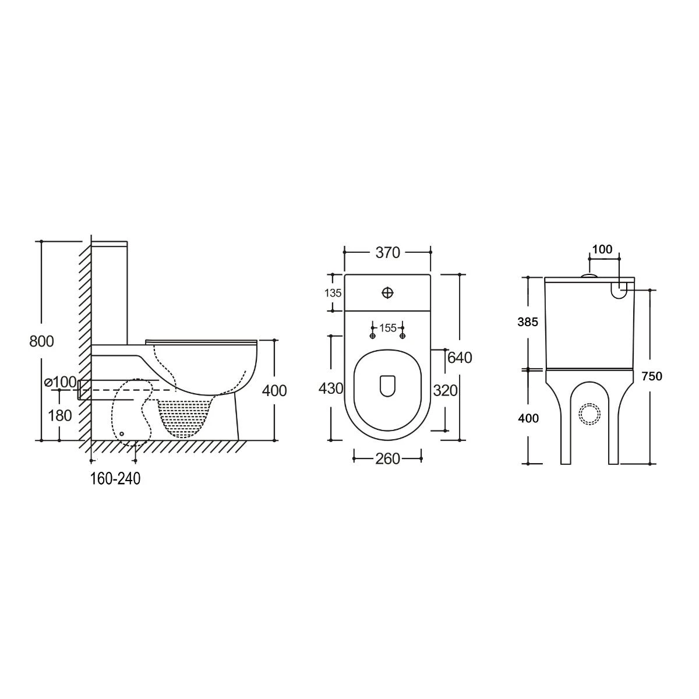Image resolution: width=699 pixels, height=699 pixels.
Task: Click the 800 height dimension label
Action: [x=41, y=341]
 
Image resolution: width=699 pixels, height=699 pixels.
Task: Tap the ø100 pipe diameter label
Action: [x=61, y=382]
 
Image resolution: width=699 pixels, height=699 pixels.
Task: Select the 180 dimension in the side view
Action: [x=61, y=415]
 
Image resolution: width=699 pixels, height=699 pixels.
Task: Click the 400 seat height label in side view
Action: [x=274, y=390]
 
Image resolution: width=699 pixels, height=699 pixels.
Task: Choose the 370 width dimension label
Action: [x=387, y=252]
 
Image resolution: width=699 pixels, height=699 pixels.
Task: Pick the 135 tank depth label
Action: [x=333, y=293]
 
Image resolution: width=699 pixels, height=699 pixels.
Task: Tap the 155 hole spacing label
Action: [x=388, y=328]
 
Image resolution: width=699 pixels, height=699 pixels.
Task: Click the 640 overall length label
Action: [x=460, y=357]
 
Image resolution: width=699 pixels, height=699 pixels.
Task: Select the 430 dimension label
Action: [x=331, y=388]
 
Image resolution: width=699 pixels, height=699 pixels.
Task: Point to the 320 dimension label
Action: [x=445, y=390]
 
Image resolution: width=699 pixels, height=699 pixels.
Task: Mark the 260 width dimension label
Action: [x=387, y=459]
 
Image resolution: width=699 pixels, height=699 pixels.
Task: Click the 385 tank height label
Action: [x=529, y=322]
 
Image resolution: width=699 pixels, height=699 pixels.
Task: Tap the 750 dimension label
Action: [x=652, y=376]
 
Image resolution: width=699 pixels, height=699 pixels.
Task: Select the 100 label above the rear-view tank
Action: [x=602, y=249]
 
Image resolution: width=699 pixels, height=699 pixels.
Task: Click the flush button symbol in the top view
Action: [x=388, y=292]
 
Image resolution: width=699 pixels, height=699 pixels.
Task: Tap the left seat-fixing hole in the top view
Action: [x=373, y=336]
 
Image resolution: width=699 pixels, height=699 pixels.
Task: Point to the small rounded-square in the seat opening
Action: [x=387, y=386]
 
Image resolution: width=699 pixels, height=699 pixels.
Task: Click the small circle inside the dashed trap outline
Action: [x=122, y=433]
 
